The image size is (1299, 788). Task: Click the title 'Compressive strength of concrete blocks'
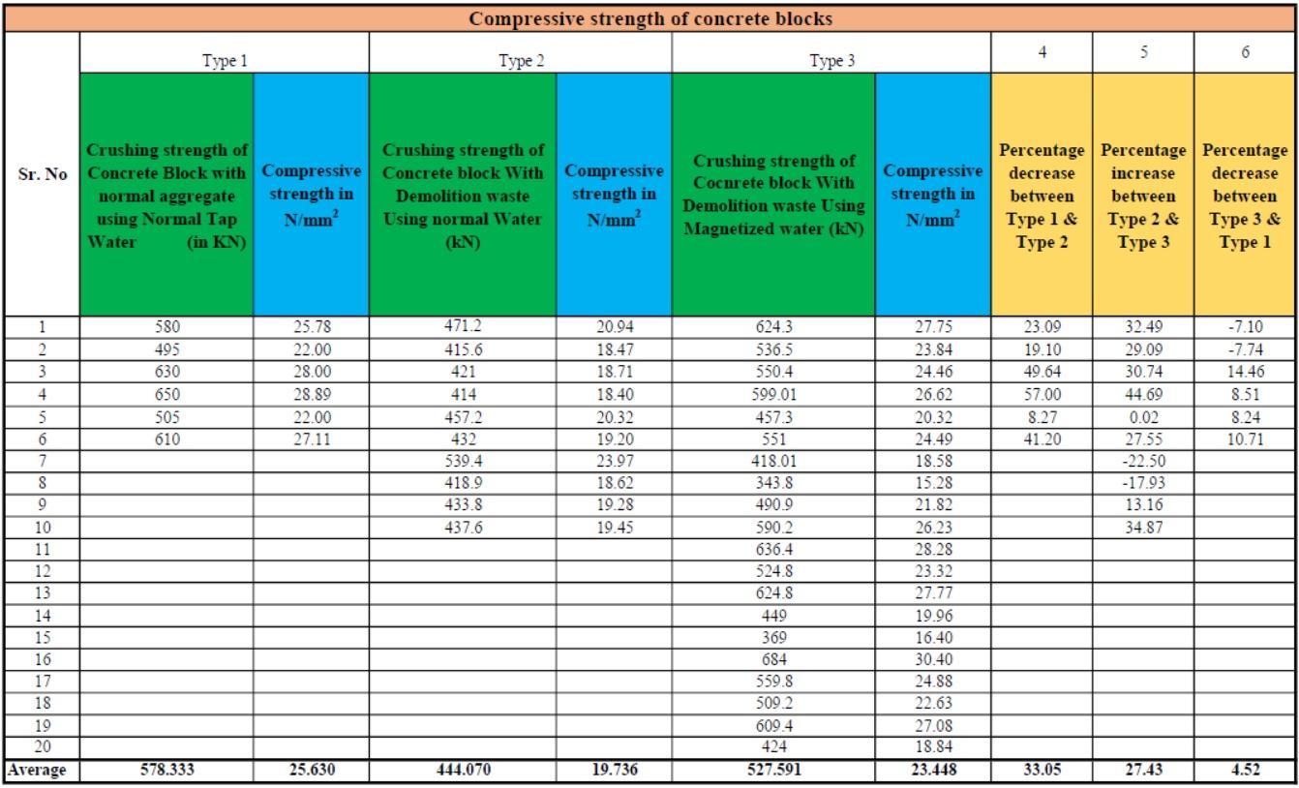649,18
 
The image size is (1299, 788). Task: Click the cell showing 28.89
311,394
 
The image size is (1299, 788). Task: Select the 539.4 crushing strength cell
463,460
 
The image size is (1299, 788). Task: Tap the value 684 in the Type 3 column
772,659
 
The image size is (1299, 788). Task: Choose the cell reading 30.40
932,659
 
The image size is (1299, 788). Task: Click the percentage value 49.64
1042,372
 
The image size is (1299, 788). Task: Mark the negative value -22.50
1143,460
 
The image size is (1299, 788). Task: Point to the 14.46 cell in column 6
1245,372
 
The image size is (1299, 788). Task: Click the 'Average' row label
39,772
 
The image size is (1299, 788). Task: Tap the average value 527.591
772,772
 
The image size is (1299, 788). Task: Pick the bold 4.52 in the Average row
1245,772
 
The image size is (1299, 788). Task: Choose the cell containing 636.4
772,549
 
